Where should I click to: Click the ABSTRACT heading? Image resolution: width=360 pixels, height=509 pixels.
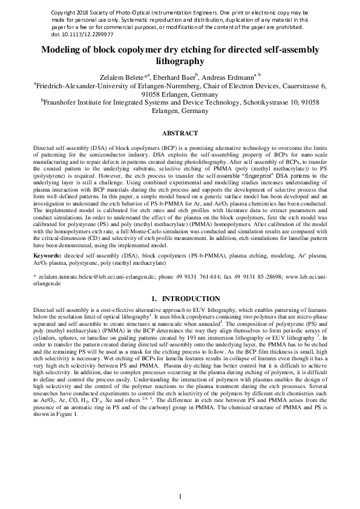point(180,133)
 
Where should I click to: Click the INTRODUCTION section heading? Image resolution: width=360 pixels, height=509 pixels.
point(188,297)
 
